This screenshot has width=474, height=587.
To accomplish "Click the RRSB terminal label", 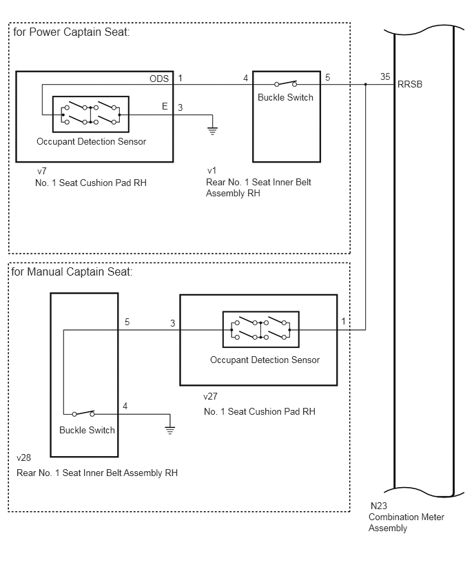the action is coord(410,84).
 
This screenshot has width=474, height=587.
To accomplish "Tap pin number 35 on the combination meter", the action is coord(385,76).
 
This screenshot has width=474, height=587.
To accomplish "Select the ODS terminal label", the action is coord(159,79).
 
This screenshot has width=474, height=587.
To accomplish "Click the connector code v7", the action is coord(41,171).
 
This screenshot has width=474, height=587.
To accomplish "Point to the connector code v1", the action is coord(212,171).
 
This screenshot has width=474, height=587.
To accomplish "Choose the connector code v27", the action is coord(210,396).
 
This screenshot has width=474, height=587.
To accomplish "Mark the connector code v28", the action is coord(23,457).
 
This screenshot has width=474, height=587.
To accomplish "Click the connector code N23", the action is coord(378,506).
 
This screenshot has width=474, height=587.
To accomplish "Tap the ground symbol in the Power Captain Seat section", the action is coord(212,130).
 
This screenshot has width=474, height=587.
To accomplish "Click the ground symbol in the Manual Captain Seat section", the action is coord(170,430).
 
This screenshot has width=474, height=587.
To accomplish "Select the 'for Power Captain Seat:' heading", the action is coord(71,32).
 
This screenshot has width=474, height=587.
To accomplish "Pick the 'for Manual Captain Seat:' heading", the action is coord(72,271).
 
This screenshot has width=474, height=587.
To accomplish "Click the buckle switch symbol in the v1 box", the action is coord(286,83).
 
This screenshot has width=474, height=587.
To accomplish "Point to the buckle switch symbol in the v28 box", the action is coord(83,413).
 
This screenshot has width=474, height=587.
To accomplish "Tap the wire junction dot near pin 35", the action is coord(365,85).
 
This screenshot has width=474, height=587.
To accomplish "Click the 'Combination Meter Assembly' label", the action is coord(406,523).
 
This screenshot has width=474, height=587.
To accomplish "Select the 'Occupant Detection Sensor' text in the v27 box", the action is coord(265,360).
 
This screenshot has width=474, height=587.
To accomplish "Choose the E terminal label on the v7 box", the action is coord(165,106).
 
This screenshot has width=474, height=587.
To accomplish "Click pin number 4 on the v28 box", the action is coord(125,406).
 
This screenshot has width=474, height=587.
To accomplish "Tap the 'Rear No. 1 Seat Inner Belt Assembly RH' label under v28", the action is coord(97,473).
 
